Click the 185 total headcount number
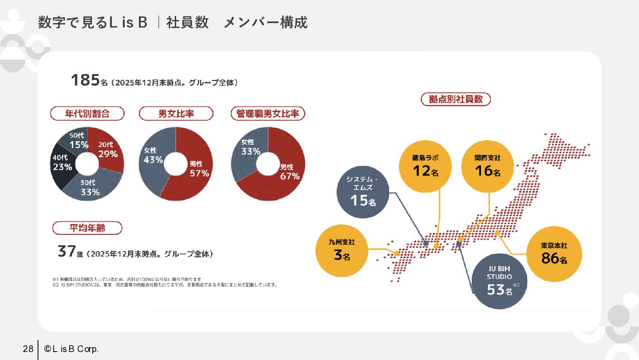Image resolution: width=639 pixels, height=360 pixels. coord(85,80)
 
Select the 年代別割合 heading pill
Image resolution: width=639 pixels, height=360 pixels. coord(87,114)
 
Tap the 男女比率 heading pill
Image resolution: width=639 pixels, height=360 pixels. coord(176,114)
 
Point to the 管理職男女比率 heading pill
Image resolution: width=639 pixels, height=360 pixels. coord(268,114)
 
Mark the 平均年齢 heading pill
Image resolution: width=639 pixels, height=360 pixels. coord(87,228)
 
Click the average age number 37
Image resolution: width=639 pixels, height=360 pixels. coord(67,252)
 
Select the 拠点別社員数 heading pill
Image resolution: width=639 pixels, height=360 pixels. coord(455,99)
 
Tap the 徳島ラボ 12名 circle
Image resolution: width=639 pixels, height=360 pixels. coord(425,166)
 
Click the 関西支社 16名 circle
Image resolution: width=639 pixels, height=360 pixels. coord(487,166)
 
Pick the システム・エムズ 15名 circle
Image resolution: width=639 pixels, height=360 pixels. coord(363,192)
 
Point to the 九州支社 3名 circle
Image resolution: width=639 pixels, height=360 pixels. coord(342,251)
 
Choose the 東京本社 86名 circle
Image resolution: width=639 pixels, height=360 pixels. coord(554,254)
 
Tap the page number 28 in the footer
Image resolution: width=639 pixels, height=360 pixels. coord(28,349)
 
